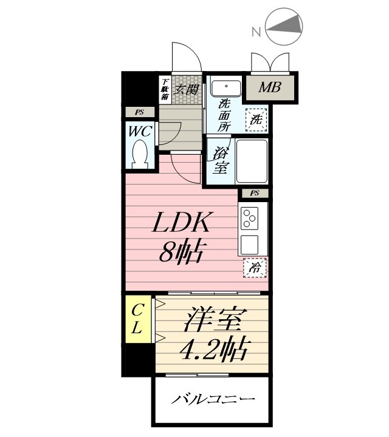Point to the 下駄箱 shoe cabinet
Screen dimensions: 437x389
[164, 89]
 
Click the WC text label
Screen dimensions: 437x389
[141, 130]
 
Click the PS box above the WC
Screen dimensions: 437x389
[140, 112]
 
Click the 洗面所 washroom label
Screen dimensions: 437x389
[224, 115]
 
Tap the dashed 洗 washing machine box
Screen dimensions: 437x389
[255, 120]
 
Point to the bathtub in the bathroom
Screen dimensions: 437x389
[252, 161]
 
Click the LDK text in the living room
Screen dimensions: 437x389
[181, 224]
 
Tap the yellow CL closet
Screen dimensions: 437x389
[138, 320]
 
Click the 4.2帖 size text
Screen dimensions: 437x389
[212, 350]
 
